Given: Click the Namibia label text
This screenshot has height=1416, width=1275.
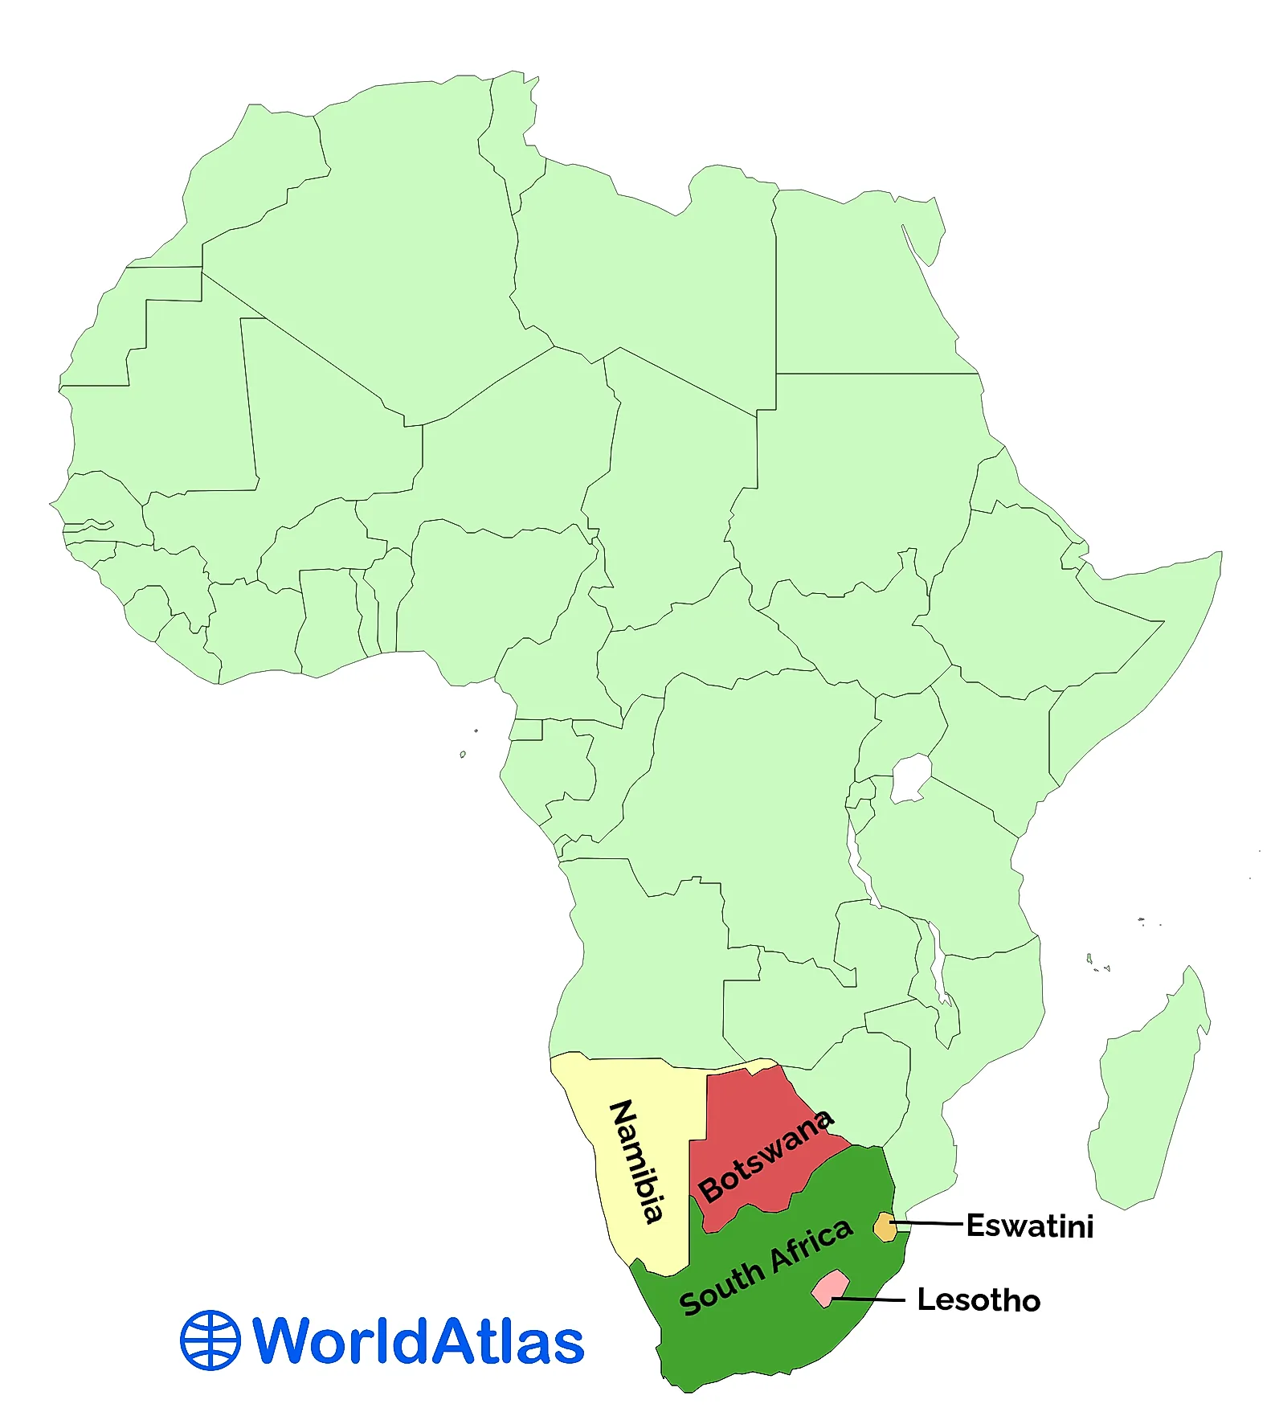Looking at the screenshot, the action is pyautogui.click(x=638, y=1160).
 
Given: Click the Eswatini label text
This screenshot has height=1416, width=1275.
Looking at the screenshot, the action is pyautogui.click(x=1029, y=1226).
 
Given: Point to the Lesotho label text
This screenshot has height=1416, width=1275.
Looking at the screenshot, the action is pyautogui.click(x=979, y=1300).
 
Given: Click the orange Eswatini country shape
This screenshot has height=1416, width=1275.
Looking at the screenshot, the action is pyautogui.click(x=885, y=1227).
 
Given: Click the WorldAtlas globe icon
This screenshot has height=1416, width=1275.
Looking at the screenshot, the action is pyautogui.click(x=210, y=1340).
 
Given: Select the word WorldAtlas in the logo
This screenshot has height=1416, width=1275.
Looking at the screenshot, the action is pyautogui.click(x=418, y=1340).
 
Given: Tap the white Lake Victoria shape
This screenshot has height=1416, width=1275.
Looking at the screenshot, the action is pyautogui.click(x=911, y=778).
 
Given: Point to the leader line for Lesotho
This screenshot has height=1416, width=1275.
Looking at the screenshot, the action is pyautogui.click(x=872, y=1299).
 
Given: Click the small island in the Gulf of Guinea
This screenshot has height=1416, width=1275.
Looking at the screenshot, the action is pyautogui.click(x=463, y=754).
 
